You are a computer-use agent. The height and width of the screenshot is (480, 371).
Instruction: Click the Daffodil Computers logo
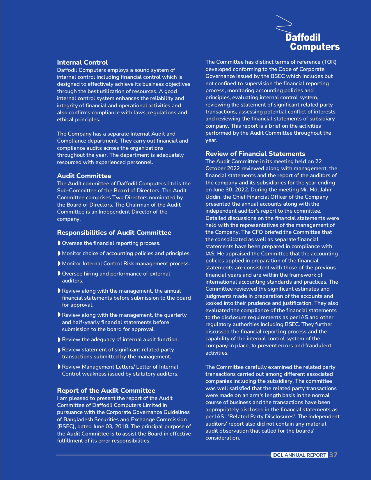point(308,35)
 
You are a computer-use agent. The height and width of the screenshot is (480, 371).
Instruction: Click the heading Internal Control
point(82,63)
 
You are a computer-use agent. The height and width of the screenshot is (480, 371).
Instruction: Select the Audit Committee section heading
point(84,176)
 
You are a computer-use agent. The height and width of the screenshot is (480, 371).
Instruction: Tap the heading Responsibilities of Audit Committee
point(114,233)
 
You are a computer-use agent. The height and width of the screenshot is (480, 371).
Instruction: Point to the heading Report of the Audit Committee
point(106,391)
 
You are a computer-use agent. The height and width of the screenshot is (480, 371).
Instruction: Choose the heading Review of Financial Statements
point(255,154)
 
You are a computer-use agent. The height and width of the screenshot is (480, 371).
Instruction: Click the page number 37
point(333,455)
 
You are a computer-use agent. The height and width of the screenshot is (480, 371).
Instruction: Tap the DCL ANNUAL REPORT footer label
point(299,455)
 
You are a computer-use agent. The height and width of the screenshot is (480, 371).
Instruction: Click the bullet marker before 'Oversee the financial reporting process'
point(59,243)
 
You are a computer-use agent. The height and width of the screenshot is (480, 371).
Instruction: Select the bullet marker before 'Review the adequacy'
point(59,340)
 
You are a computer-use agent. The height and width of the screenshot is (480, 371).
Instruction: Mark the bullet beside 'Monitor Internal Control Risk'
point(59,264)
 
